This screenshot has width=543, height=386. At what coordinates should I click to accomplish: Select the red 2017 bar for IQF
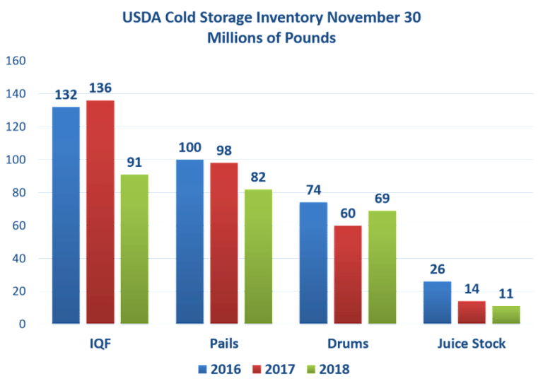[x=100, y=211]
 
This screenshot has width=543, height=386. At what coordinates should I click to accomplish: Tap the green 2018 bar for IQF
[x=134, y=248]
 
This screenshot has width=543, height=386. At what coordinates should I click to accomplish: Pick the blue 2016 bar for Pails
[x=189, y=241]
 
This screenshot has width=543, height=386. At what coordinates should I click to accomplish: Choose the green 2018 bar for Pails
[x=257, y=256]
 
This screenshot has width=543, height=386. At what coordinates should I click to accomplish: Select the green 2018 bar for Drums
[x=381, y=267]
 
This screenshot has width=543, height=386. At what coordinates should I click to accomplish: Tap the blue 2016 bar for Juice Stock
[x=436, y=302]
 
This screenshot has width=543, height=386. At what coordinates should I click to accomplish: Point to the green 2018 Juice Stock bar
[x=505, y=315]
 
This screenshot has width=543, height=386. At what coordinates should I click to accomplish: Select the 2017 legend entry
[x=271, y=369]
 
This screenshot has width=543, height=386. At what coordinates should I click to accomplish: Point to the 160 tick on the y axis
[x=16, y=62]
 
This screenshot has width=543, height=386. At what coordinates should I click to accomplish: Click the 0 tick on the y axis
[x=23, y=324]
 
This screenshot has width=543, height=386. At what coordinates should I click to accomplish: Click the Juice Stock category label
[x=471, y=344]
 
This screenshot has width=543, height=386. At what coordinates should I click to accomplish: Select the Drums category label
[x=347, y=344]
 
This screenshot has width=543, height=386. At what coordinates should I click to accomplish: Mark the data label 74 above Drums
[x=313, y=190]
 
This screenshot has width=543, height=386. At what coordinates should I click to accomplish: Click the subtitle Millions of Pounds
[x=271, y=39]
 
